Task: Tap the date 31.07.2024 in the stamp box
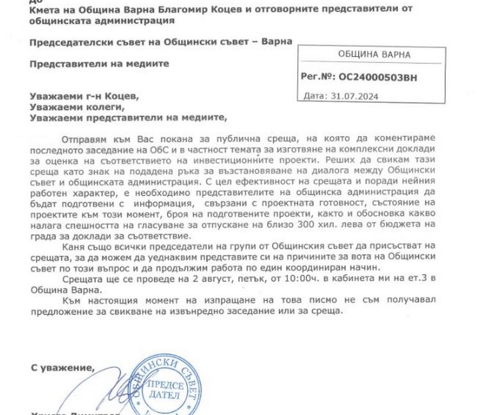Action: [349, 97]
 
